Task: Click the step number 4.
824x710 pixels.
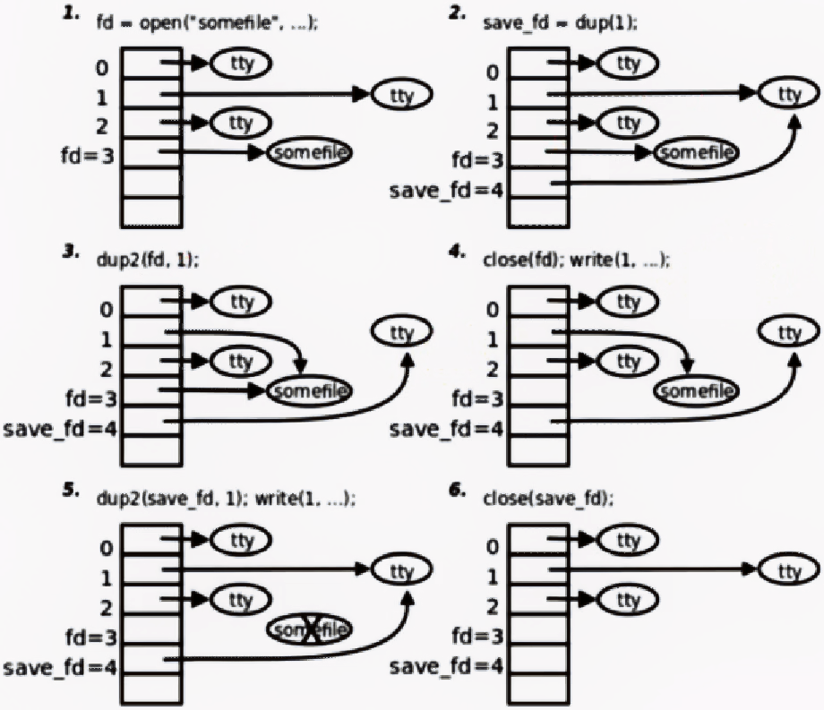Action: pos(457,254)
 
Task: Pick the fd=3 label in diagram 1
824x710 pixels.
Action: pos(87,154)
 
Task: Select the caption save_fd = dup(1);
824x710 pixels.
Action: pos(560,25)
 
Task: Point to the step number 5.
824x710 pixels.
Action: pos(67,493)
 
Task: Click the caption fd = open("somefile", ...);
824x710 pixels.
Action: pos(206,25)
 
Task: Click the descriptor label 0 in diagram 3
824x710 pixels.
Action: pos(105,311)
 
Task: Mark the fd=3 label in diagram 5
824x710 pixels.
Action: pos(87,637)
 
